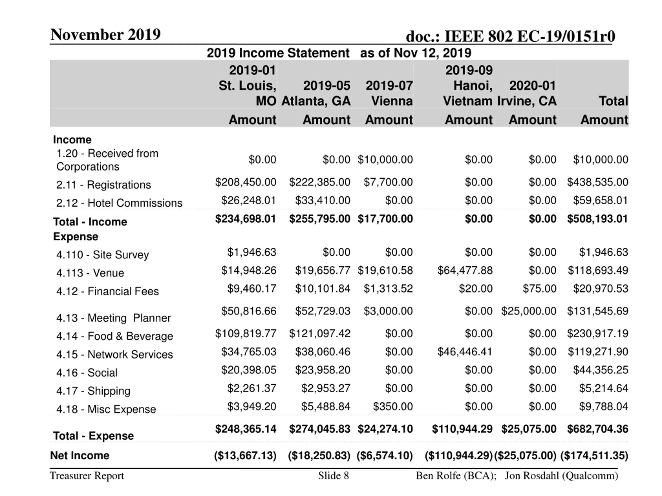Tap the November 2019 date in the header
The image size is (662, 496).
105,34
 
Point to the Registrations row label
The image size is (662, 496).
103,185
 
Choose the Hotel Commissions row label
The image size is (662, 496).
119,203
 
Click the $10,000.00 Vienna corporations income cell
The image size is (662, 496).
385,160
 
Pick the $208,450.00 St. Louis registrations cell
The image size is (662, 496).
246,182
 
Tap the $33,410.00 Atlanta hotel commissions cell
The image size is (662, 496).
323,200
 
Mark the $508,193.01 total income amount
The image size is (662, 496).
597,219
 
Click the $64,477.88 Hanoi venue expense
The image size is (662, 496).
465,270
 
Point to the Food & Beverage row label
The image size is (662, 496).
115,336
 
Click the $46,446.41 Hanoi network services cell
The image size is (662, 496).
465,352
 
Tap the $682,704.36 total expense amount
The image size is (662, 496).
597,429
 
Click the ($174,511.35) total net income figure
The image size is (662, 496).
594,455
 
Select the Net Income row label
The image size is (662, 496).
80,455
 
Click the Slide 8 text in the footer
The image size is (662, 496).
333,475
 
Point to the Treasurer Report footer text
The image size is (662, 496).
87,475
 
